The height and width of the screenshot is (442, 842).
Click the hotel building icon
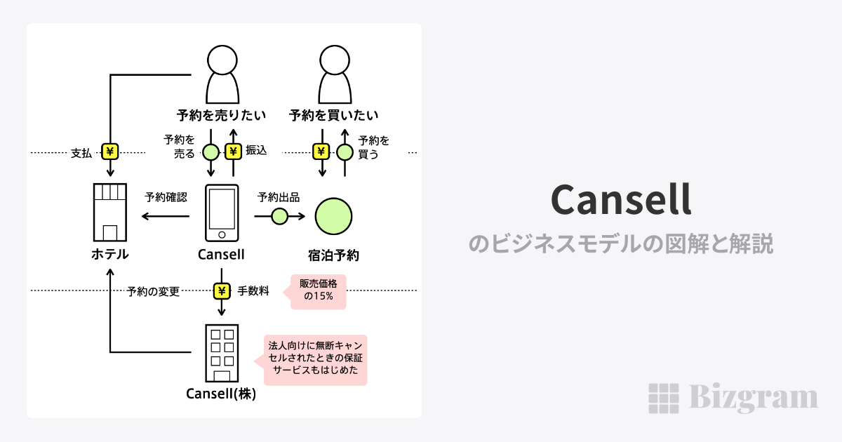coord(110,213)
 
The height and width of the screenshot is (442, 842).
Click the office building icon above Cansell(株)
coord(221,353)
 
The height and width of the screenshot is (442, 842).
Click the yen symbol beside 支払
coord(110,152)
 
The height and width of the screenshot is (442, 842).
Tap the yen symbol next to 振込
coord(233,151)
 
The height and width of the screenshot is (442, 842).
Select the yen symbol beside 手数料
coord(222,290)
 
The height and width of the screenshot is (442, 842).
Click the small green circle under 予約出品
coord(279,217)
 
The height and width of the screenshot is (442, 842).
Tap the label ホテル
coord(110,255)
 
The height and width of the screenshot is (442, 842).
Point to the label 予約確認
coord(166,197)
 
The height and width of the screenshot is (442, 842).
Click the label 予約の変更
coord(154,291)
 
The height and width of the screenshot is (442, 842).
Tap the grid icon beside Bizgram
coord(663,399)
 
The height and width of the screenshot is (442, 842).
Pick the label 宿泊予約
coord(333,255)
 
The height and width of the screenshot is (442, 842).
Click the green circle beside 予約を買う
coord(345,151)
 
